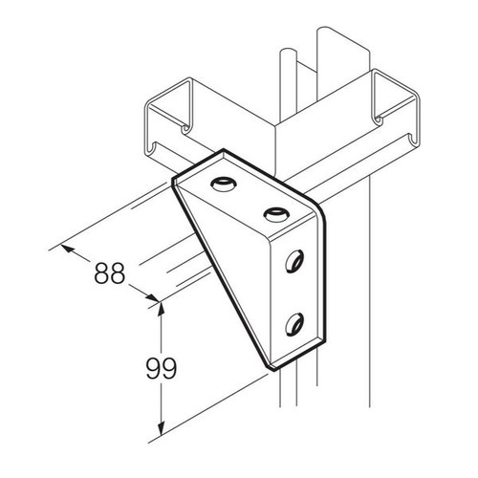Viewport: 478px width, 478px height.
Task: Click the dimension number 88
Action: [109, 273]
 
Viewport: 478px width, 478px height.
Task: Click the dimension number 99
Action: [162, 368]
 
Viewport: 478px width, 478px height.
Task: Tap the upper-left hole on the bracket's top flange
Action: [223, 185]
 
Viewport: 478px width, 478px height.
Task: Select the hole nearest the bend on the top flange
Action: [276, 214]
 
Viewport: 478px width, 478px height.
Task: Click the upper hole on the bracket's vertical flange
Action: [294, 261]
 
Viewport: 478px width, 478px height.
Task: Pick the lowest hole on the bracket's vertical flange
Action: [294, 324]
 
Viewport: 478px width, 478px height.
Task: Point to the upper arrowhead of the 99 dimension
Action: [162, 309]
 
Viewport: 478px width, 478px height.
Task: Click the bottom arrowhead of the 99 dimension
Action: [162, 428]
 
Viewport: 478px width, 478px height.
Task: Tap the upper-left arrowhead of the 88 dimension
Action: [68, 248]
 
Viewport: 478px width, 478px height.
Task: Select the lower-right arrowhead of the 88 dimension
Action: [152, 298]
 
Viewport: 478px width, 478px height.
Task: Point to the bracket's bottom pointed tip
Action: [272, 370]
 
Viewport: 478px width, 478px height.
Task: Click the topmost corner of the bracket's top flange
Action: [224, 149]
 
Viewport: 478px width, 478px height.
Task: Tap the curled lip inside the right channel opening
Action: [379, 120]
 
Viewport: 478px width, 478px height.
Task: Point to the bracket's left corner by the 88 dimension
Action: [173, 182]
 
